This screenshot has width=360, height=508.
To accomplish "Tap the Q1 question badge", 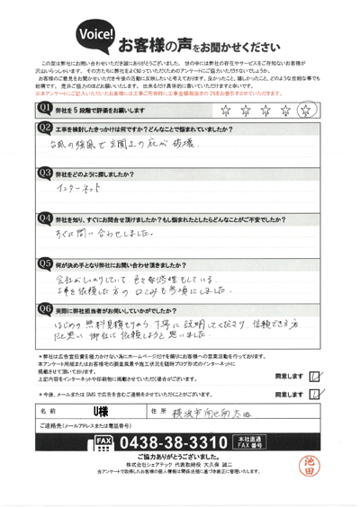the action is click(x=43, y=108).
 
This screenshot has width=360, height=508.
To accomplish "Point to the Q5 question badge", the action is click(x=43, y=263).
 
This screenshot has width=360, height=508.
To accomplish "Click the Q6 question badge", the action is click(x=43, y=307).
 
